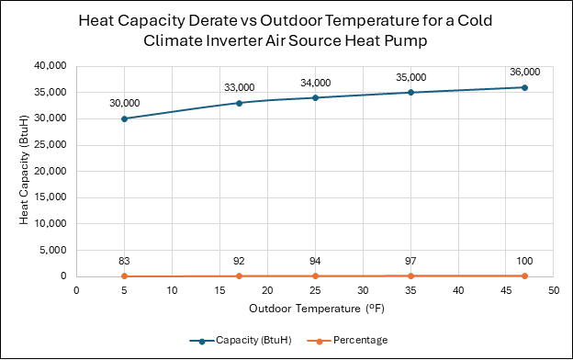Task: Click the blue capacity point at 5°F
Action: coord(124,118)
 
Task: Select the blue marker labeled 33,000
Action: coord(239,103)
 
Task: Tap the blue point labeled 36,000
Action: coord(524,88)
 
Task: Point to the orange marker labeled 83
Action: coord(124,276)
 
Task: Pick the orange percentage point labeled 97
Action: coord(410,276)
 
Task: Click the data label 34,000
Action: coord(315,83)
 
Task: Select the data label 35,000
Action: coord(411,77)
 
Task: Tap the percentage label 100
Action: coord(524,261)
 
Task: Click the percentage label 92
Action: coord(239,261)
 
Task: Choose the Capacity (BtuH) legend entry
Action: coord(241,341)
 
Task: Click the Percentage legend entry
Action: coord(347,341)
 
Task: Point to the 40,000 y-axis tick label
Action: coord(51,66)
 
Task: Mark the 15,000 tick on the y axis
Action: coord(51,197)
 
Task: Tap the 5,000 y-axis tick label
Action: coord(53,250)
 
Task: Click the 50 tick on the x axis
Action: coord(554,290)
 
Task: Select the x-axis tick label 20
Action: coord(267,290)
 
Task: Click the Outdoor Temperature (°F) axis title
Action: coord(317,309)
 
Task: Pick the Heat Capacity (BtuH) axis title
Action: coord(23,170)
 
